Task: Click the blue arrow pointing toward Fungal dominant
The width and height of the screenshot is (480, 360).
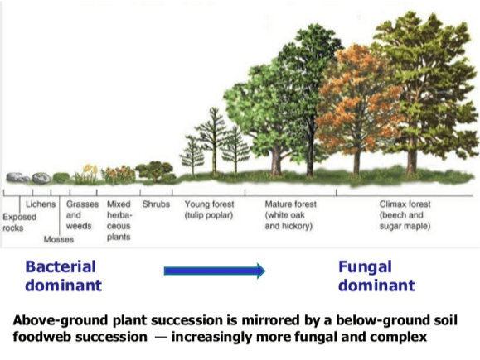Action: (214, 271)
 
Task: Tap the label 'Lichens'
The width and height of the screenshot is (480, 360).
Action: (41, 204)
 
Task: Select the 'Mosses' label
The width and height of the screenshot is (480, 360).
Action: (59, 239)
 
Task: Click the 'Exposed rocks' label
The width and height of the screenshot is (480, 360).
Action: (20, 222)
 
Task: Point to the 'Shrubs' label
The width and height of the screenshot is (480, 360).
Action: (156, 204)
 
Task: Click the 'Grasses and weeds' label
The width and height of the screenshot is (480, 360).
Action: (82, 215)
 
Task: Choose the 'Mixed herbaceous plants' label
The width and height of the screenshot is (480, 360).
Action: (119, 220)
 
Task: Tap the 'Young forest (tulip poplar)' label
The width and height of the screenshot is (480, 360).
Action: (209, 209)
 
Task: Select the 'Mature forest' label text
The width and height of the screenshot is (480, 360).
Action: (290, 204)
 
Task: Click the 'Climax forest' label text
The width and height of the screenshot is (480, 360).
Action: (405, 204)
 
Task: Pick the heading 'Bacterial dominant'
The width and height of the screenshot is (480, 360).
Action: (63, 276)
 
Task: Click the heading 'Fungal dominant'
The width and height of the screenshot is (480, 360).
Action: (376, 276)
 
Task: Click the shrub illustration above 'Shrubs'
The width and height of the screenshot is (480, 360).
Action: (155, 171)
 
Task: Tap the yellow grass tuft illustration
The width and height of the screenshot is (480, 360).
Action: (87, 174)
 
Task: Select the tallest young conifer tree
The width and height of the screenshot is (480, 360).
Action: (214, 142)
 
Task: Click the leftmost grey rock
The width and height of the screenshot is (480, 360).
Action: (15, 177)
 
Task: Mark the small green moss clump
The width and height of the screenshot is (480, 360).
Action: (61, 178)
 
